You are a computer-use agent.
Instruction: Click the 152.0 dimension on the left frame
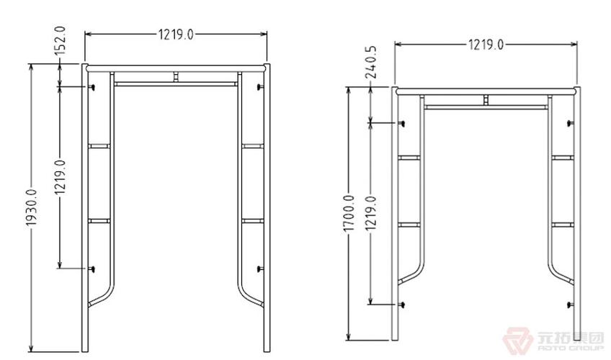pyautogui.click(x=60, y=40)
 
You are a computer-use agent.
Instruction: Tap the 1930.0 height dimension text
pyautogui.click(x=31, y=207)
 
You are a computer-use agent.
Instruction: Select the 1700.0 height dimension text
pyautogui.click(x=349, y=214)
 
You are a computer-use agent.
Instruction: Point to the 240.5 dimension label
pyautogui.click(x=372, y=62)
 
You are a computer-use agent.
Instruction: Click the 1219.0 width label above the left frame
pyautogui.click(x=175, y=35)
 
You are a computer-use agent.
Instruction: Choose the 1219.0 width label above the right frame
pyautogui.click(x=486, y=45)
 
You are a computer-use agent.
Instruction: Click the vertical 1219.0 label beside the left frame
pyautogui.click(x=60, y=176)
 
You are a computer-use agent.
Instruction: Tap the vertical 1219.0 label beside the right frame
pyautogui.click(x=371, y=213)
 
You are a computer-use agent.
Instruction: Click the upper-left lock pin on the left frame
pyautogui.click(x=92, y=87)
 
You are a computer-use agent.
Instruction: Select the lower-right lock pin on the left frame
pyautogui.click(x=260, y=269)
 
